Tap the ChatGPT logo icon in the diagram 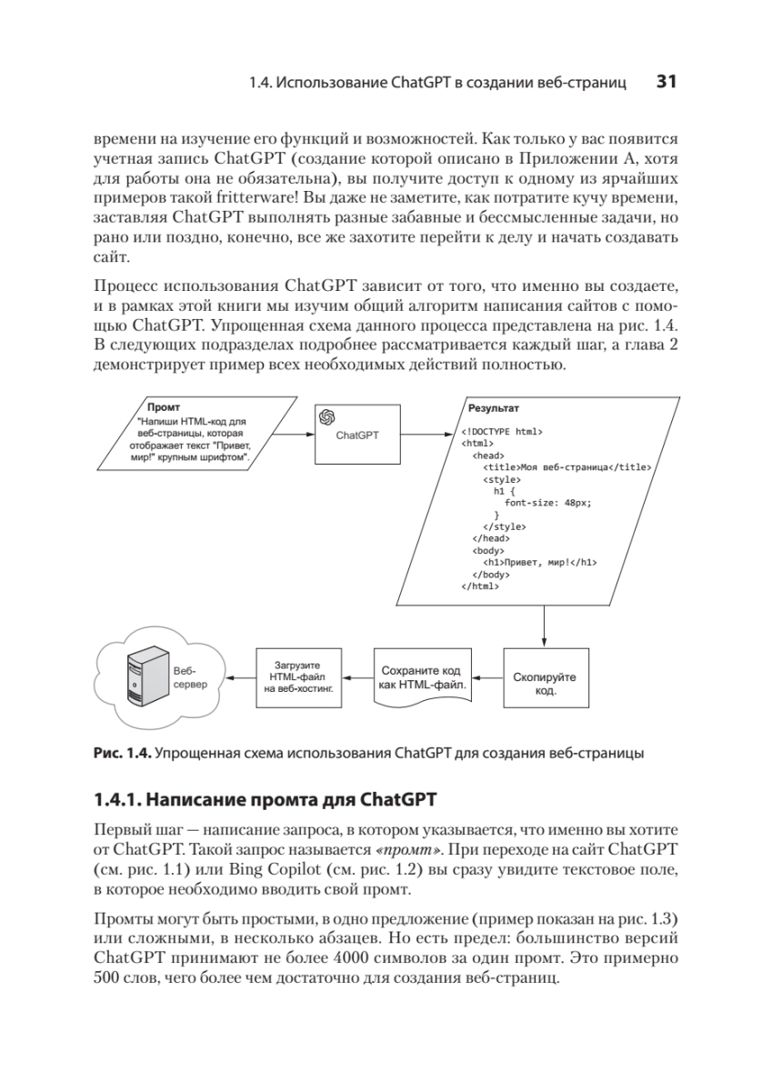[x=327, y=416]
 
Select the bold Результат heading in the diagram [x=493, y=409]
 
